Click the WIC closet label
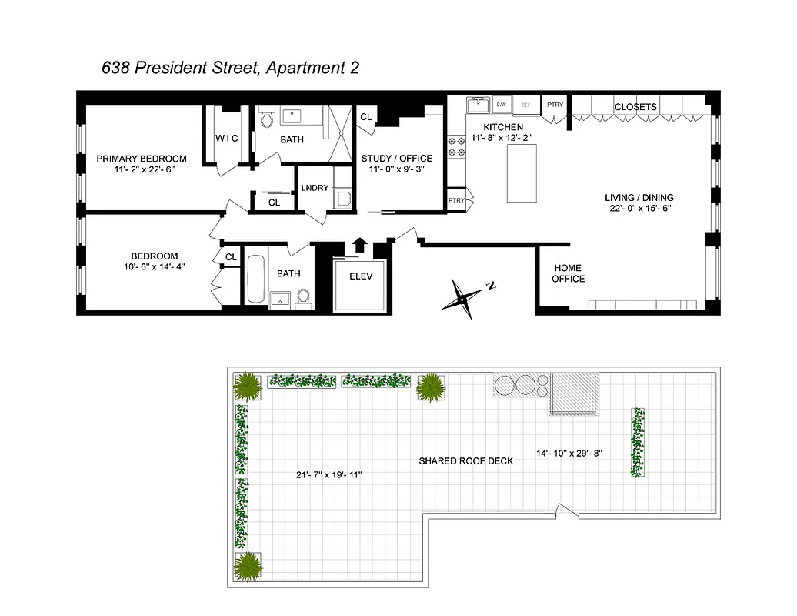point(226,139)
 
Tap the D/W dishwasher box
point(502,103)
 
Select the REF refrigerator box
point(526,104)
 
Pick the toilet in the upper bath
point(267,119)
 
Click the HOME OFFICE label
point(568,273)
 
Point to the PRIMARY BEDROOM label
point(142,159)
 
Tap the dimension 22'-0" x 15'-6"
point(639,209)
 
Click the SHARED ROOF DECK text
point(466,461)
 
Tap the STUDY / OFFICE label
point(397,159)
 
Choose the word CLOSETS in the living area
point(635,107)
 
